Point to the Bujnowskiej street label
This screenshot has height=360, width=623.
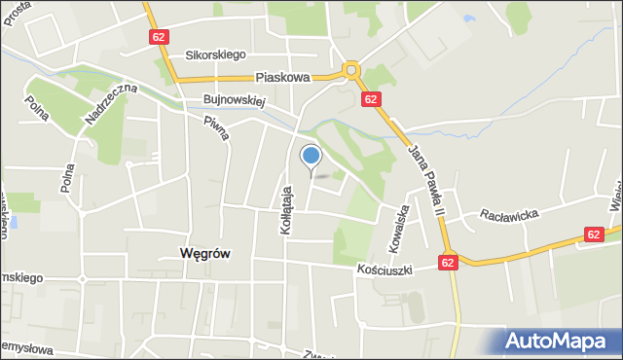click(235, 99)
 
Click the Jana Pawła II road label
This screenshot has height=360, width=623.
click(425, 181)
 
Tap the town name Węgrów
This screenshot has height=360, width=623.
click(204, 253)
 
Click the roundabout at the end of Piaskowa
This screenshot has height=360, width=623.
click(350, 70)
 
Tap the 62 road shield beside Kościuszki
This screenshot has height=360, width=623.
click(447, 262)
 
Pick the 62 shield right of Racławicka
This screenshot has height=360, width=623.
click(594, 234)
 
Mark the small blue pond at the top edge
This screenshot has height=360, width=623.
click(470, 18)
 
